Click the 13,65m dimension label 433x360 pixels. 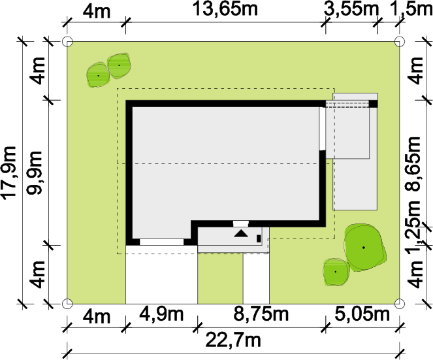pyautogui.click(x=225, y=9)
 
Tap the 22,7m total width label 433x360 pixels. pyautogui.click(x=233, y=340)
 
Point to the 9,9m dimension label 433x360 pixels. pyautogui.click(x=34, y=172)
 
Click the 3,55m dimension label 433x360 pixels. pyautogui.click(x=351, y=10)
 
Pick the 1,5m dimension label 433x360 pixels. pyautogui.click(x=412, y=10)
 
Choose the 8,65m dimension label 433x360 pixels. pyautogui.click(x=413, y=163)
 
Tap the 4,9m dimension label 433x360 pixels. pyautogui.click(x=161, y=314)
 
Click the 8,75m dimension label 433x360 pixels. pyautogui.click(x=261, y=314)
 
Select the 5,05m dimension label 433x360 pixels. pyautogui.click(x=362, y=314)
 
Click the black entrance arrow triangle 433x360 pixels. pyautogui.click(x=241, y=233)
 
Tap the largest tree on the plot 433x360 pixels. pyautogui.click(x=364, y=247)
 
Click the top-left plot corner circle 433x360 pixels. pyautogui.click(x=67, y=42)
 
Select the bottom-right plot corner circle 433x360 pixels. pyautogui.click(x=399, y=304)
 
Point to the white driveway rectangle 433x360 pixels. pyautogui.click(x=161, y=274)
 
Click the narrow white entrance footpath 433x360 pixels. pyautogui.click(x=256, y=278)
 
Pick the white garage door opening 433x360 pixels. pyautogui.click(x=161, y=242)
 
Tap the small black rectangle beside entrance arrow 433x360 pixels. pyautogui.click(x=259, y=238)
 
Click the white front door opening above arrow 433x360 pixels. pyautogui.click(x=241, y=224)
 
